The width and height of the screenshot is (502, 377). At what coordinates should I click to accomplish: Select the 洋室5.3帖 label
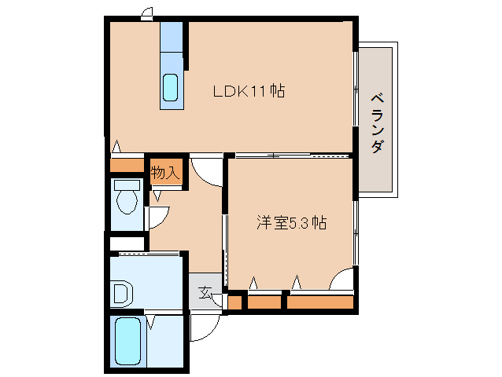pyautogui.click(x=290, y=222)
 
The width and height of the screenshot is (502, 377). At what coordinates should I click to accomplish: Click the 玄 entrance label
pyautogui.click(x=205, y=293)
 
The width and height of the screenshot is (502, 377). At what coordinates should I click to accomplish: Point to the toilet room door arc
pyautogui.click(x=159, y=214)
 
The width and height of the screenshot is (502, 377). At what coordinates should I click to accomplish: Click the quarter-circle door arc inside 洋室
pyautogui.click(x=344, y=279)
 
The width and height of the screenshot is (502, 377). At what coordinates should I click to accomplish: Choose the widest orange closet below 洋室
pyautogui.click(x=319, y=302)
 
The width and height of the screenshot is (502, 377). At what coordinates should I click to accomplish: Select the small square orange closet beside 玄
pyautogui.click(x=234, y=302)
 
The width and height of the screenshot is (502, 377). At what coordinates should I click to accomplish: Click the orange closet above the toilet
pyautogui.click(x=127, y=166)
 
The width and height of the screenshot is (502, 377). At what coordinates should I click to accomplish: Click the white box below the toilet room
pyautogui.click(x=127, y=243)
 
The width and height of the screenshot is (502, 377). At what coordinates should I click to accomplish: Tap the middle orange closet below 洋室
pyautogui.click(x=264, y=302)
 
